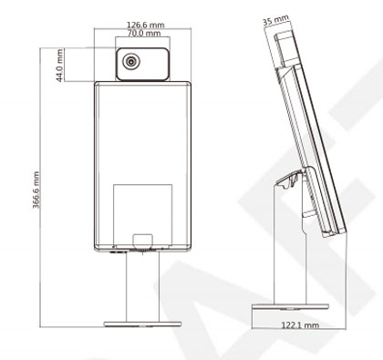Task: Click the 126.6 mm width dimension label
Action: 145,25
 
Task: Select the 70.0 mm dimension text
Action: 144,33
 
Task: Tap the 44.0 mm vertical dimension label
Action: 60,66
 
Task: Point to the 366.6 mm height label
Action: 36,190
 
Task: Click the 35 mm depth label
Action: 275,20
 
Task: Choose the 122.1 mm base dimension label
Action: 300,325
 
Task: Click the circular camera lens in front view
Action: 131,61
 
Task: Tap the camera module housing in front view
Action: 142,64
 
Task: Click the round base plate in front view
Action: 142,324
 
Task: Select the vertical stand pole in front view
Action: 142,286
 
